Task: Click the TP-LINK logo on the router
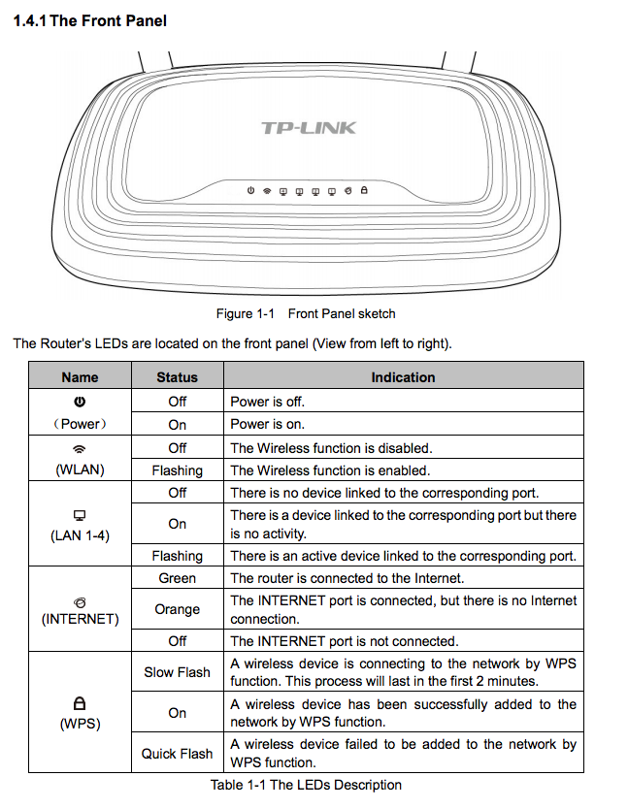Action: (x=309, y=128)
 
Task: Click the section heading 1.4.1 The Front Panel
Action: (x=89, y=20)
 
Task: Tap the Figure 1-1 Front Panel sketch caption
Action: (x=306, y=313)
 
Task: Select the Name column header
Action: (x=80, y=377)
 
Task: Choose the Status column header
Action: (x=177, y=377)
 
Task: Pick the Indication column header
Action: (x=403, y=377)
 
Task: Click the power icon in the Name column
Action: (x=80, y=402)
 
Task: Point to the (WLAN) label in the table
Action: (x=80, y=469)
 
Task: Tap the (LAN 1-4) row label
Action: (x=80, y=534)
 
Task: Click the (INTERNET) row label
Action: (x=80, y=618)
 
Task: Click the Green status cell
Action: (x=177, y=578)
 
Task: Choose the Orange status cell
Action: (x=177, y=609)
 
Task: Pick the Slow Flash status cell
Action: (x=177, y=672)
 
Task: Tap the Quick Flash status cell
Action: (x=177, y=754)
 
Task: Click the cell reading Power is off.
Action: (x=267, y=401)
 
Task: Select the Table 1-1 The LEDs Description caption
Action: (x=306, y=785)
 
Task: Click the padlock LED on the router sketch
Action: (x=364, y=191)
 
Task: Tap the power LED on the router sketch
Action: (x=250, y=191)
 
